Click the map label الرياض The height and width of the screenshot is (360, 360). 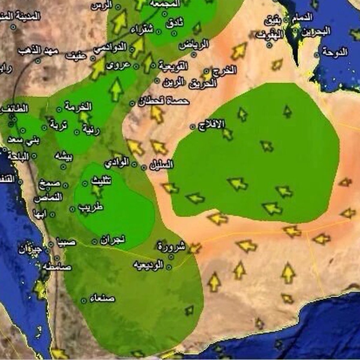pos(194,45)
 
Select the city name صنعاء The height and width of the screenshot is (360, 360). pos(102,298)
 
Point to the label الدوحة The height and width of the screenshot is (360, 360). pos(335,52)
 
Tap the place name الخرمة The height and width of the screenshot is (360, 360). pos(78,107)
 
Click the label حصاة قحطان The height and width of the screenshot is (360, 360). pos(164,102)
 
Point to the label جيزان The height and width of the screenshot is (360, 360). pos(30,249)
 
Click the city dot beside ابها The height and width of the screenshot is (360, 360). pos(52,214)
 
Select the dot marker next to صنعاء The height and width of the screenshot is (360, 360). pos(83,300)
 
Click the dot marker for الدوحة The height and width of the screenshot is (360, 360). pos(317,55)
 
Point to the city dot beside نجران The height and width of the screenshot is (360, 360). pos(95,241)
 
